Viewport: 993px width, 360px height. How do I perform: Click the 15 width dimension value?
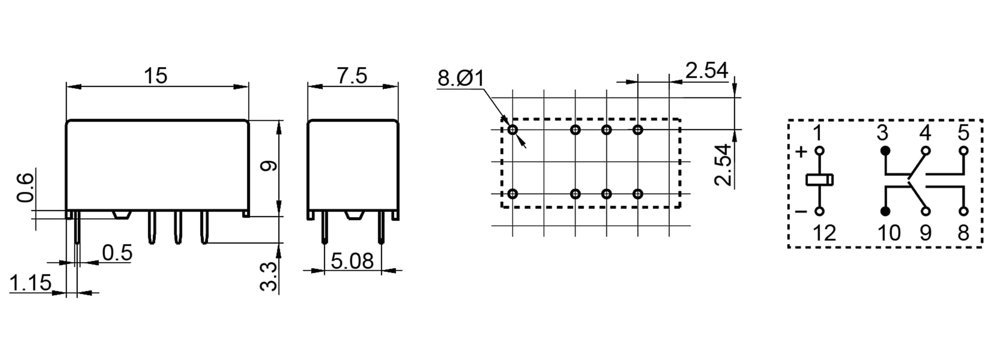156,76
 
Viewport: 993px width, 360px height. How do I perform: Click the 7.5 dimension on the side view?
352,76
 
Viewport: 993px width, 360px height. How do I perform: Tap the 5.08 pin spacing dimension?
352,261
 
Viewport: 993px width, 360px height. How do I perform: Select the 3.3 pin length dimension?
269,276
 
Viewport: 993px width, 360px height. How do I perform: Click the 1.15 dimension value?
30,283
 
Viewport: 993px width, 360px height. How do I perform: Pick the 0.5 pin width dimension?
117,253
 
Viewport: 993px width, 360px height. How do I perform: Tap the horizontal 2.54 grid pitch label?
707,71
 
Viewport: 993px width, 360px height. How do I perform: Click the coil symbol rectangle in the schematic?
819,180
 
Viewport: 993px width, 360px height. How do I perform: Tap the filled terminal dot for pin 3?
886,151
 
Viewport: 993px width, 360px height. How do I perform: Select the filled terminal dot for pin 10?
886,211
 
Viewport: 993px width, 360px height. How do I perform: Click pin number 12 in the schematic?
824,233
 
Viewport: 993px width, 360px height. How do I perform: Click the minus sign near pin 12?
801,211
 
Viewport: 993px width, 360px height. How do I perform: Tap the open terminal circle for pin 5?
963,151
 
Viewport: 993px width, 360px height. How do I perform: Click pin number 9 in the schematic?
925,233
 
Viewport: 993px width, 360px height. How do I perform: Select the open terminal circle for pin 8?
963,211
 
